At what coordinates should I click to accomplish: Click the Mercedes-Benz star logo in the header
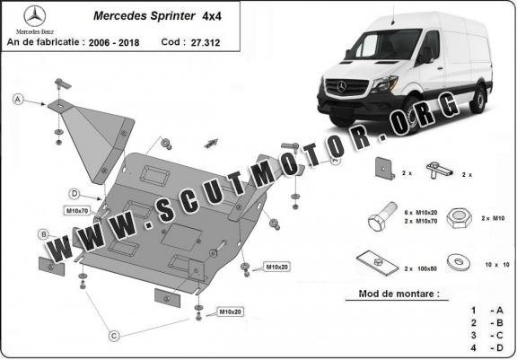pyautogui.click(x=35, y=16)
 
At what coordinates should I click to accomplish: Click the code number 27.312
pyautogui.click(x=205, y=42)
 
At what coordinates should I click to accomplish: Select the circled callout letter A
pyautogui.click(x=18, y=99)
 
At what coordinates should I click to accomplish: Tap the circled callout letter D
pyautogui.click(x=74, y=194)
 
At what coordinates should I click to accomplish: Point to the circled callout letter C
pyautogui.click(x=114, y=336)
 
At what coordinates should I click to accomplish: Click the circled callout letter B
pyautogui.click(x=43, y=234)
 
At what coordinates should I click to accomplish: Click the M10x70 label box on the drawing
pyautogui.click(x=77, y=210)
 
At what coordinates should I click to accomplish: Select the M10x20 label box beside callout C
pyautogui.click(x=230, y=312)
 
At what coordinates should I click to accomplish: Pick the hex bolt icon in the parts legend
pyautogui.click(x=382, y=216)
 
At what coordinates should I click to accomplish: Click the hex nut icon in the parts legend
pyautogui.click(x=459, y=218)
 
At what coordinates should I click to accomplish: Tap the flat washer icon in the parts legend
pyautogui.click(x=459, y=262)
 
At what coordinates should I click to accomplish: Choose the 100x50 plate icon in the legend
pyautogui.click(x=378, y=263)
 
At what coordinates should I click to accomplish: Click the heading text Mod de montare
pyautogui.click(x=399, y=294)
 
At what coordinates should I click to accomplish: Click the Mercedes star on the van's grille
pyautogui.click(x=342, y=86)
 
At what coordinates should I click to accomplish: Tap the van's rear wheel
pyautogui.click(x=478, y=100)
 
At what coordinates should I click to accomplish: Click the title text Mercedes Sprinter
pyautogui.click(x=145, y=16)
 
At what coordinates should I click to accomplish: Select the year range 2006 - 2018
pyautogui.click(x=114, y=43)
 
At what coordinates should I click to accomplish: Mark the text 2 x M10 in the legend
pyautogui.click(x=493, y=218)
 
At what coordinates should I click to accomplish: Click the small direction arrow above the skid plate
pyautogui.click(x=211, y=143)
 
